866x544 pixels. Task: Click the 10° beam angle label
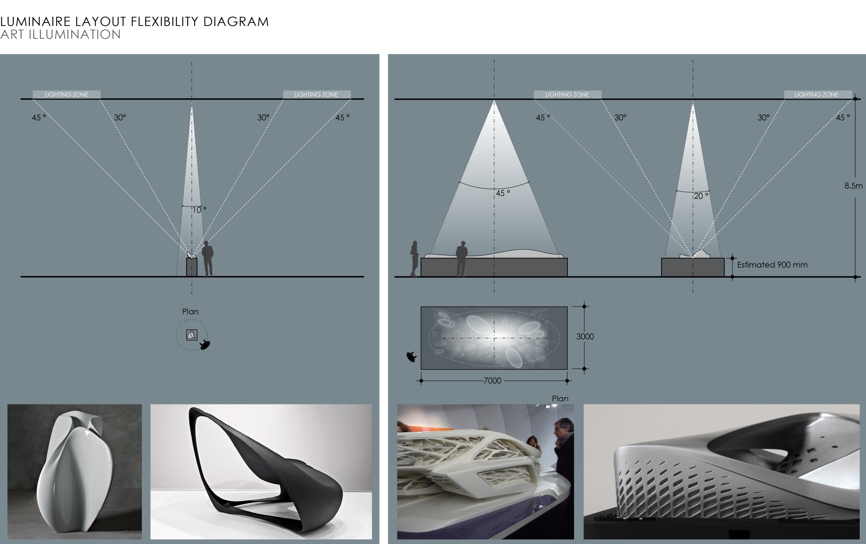199,210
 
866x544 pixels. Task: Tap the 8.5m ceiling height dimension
854,186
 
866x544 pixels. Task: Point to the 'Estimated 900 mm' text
772,265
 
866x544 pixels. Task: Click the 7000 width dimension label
492,381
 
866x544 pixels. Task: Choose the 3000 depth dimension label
585,337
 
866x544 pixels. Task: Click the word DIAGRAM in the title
236,22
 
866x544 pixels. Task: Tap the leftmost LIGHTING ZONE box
67,95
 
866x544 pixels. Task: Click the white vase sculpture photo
75,471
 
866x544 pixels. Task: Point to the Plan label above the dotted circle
190,312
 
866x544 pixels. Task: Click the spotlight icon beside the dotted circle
205,345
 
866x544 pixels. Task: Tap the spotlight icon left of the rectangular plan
412,357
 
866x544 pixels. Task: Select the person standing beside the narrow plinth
207,259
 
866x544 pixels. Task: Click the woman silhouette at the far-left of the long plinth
414,259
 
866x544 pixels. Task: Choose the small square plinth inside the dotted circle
192,335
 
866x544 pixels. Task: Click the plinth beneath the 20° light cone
693,267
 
